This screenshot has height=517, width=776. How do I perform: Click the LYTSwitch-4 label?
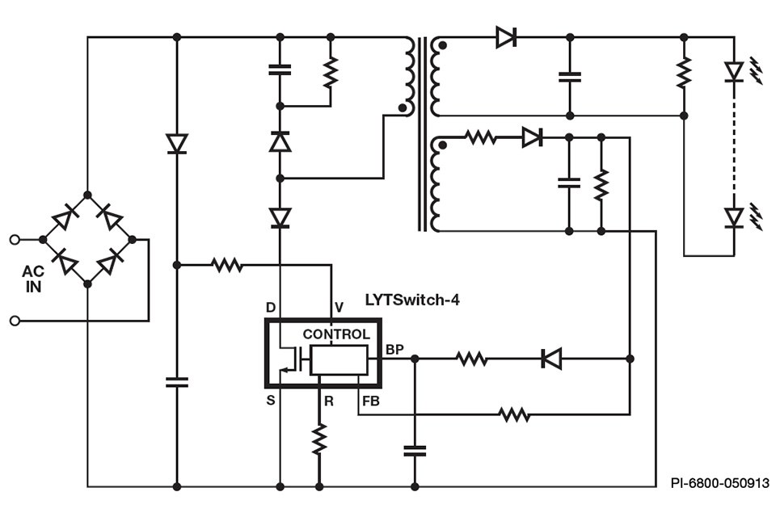tap(412, 300)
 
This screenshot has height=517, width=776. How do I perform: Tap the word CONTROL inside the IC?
tap(336, 334)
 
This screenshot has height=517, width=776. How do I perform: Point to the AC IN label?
tap(33, 279)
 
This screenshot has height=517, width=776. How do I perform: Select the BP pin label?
tap(394, 349)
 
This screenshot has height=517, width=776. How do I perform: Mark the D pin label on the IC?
tap(270, 307)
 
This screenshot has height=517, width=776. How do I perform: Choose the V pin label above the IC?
tap(339, 307)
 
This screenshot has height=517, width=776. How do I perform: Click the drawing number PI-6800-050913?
tap(719, 483)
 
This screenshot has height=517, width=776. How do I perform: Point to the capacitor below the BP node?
tap(415, 450)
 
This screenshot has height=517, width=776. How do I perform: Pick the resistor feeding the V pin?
tap(227, 264)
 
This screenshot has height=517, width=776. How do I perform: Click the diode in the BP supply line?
tap(551, 358)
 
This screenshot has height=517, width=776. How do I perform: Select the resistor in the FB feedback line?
tap(513, 414)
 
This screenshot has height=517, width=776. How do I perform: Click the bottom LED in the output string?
tap(734, 217)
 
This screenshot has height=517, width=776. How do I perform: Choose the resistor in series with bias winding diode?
tap(481, 137)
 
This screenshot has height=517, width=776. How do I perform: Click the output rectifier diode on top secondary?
tap(507, 36)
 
